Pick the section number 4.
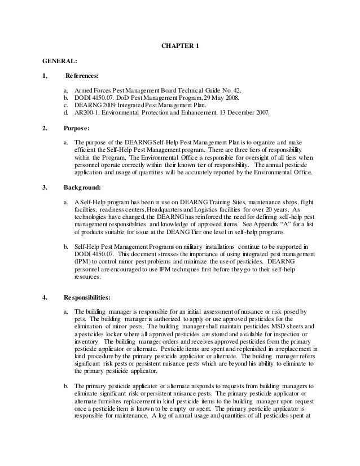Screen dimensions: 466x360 [x=45, y=296]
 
